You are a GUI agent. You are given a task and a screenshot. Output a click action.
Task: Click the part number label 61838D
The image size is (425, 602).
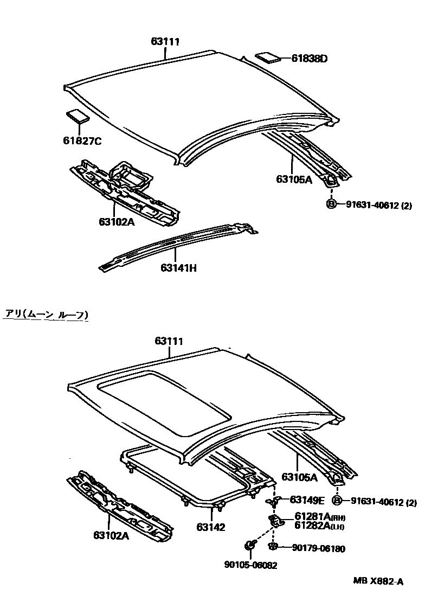pyautogui.click(x=310, y=59)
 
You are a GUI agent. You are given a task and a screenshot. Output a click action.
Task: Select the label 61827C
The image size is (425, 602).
pyautogui.click(x=82, y=142)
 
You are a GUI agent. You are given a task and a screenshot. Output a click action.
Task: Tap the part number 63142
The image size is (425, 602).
pyautogui.click(x=211, y=527)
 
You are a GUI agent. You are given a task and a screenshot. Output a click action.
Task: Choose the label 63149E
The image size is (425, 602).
pyautogui.click(x=307, y=499)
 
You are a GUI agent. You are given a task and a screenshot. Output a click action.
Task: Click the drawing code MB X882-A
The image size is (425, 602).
pyautogui.click(x=378, y=582)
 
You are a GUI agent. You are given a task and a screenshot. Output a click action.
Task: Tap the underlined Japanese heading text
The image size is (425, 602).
pyautogui.click(x=47, y=314)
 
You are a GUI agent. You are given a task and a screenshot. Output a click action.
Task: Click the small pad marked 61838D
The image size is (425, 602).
pyautogui.click(x=268, y=57)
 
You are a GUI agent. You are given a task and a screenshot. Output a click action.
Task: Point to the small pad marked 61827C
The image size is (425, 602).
pyautogui.click(x=78, y=117)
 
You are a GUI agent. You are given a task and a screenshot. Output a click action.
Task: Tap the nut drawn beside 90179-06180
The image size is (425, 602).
pyautogui.click(x=274, y=546)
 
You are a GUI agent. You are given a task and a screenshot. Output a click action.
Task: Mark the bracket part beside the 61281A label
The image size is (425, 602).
pyautogui.click(x=276, y=520)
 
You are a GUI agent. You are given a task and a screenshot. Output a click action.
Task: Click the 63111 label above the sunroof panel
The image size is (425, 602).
pyautogui.click(x=169, y=341)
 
